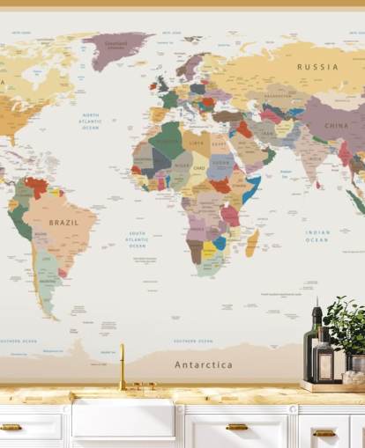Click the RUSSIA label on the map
[317, 67]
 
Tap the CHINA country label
[336, 126]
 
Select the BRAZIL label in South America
[63, 223]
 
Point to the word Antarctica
[204, 364]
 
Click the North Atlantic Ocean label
[91, 121]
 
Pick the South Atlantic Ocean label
[138, 239]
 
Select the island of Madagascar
[253, 242]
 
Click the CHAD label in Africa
[199, 167]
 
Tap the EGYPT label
[220, 143]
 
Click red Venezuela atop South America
[36, 186]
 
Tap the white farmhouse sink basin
[123, 418]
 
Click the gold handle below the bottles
[324, 432]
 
